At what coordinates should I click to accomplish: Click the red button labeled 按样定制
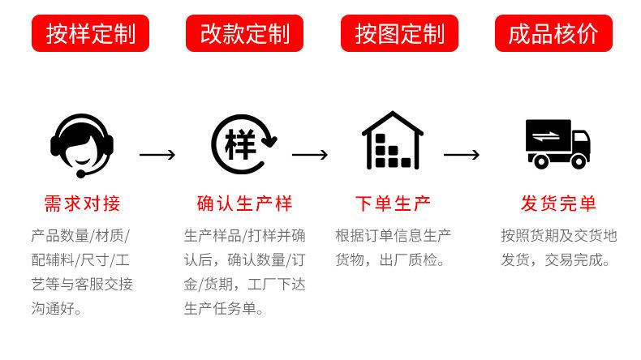pos(90,33)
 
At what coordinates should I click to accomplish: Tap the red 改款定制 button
pos(244,33)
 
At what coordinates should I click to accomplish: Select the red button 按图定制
pos(399,33)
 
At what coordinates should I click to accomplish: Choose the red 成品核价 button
pos(553,33)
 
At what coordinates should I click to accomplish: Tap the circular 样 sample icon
pos(243,144)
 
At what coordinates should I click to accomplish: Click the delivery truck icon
pos(557,144)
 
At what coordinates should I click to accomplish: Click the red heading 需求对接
pos(81,203)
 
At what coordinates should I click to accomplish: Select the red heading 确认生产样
pos(244,203)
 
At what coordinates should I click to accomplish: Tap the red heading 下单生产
pos(393,203)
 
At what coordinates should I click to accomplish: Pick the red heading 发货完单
pos(558,203)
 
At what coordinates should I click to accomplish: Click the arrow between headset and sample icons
pos(157,154)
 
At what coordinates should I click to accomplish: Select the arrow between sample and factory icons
pos(310,154)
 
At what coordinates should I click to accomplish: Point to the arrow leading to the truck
pos(462,154)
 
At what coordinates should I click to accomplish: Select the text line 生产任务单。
pos(225,309)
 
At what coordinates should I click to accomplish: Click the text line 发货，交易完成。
pos(556,260)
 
